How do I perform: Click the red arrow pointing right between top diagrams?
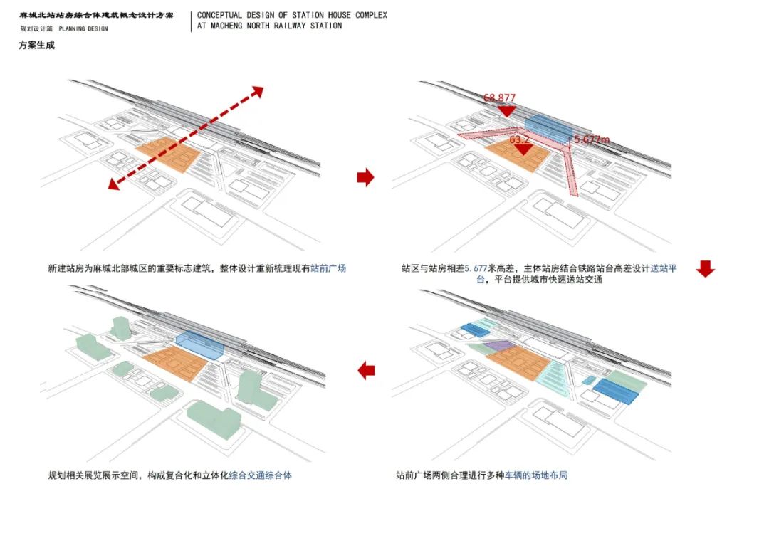(x=365, y=177)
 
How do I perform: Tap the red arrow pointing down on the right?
(x=705, y=268)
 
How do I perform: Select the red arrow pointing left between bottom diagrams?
(x=366, y=370)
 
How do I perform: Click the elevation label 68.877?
(x=499, y=98)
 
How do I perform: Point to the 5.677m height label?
(x=592, y=139)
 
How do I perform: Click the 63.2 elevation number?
(x=520, y=140)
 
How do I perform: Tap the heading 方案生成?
(x=36, y=46)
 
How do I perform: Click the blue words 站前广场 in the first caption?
(x=328, y=269)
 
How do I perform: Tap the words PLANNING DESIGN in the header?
(x=83, y=29)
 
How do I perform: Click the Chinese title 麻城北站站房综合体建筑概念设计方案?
(x=98, y=15)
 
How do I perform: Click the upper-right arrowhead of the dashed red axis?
(x=257, y=92)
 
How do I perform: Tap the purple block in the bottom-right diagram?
(x=498, y=345)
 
